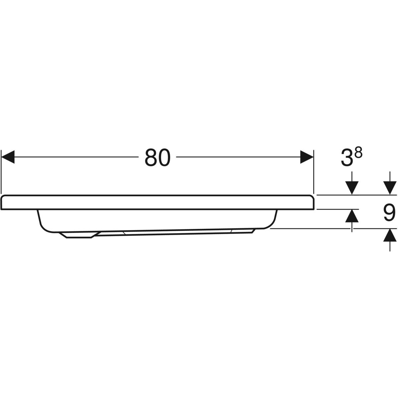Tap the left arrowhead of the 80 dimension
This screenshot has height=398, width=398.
(x=8, y=157)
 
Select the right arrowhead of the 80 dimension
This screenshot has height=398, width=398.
(x=307, y=157)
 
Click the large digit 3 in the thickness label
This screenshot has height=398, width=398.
(x=347, y=158)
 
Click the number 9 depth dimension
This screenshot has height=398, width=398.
(x=389, y=213)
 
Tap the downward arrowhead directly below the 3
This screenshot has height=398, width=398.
(x=352, y=188)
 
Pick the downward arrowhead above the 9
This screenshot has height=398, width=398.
(x=390, y=188)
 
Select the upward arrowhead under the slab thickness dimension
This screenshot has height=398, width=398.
(x=352, y=216)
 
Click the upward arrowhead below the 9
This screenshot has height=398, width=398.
(x=390, y=235)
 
